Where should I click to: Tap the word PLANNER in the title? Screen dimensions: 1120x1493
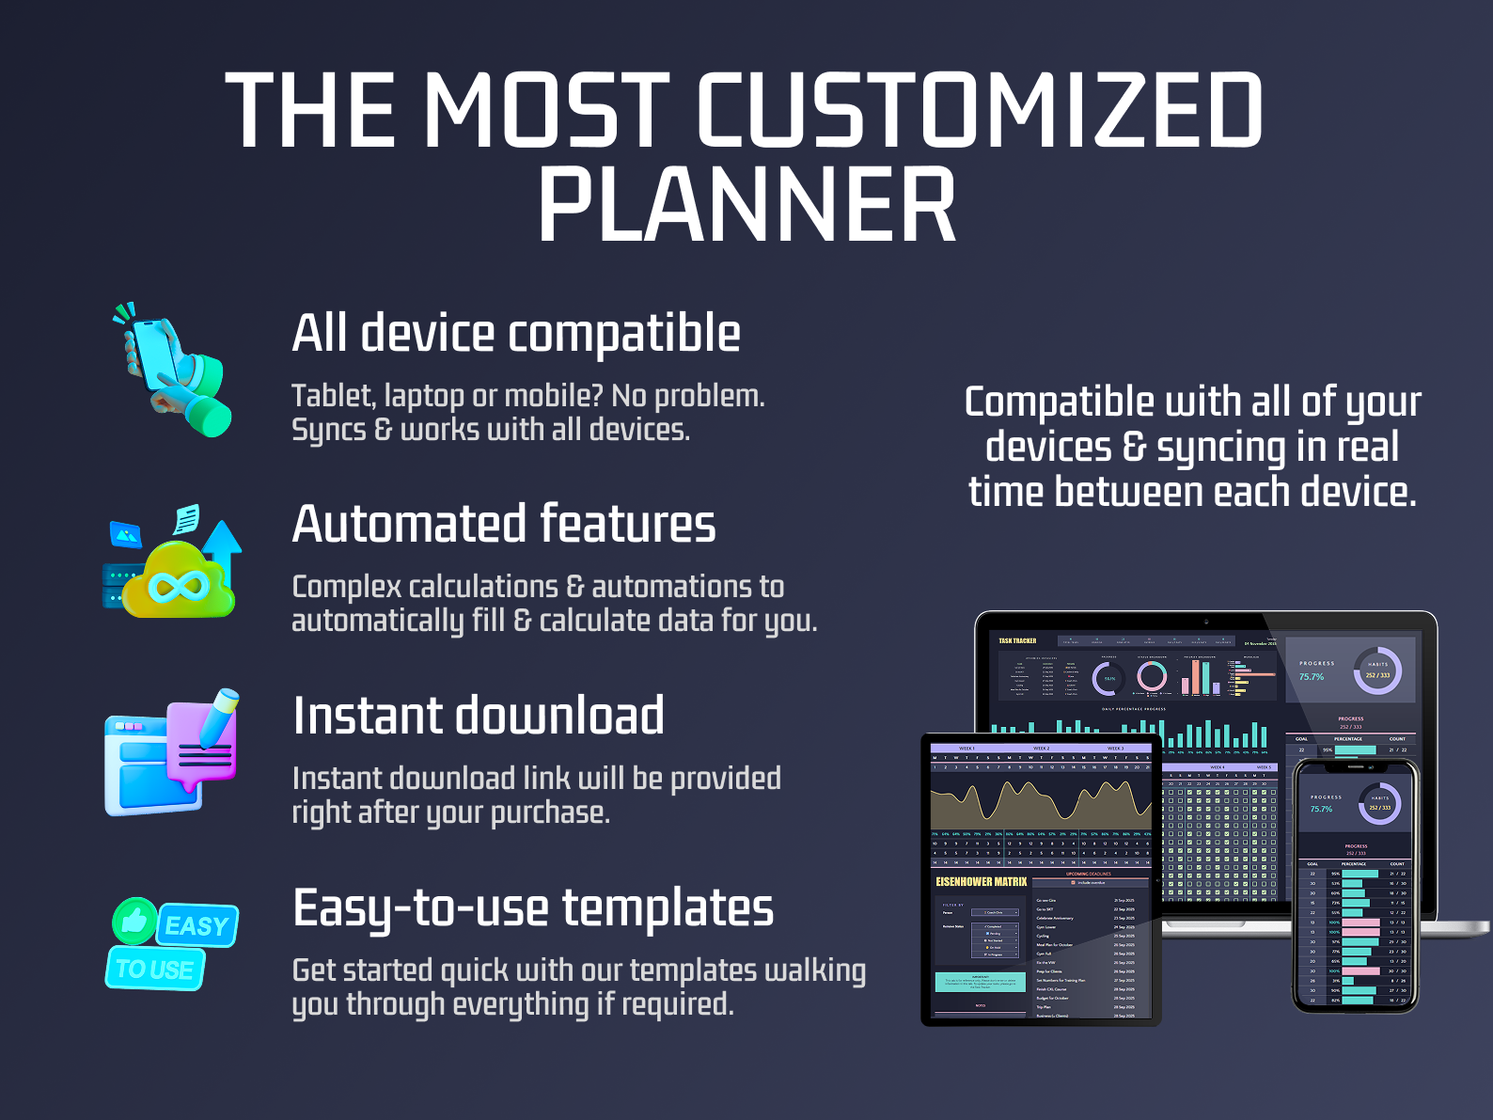click(x=746, y=206)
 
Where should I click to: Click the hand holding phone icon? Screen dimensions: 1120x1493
click(x=175, y=371)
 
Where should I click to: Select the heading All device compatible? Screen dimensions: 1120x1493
click(x=515, y=334)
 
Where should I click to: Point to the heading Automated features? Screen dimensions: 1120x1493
click(x=503, y=525)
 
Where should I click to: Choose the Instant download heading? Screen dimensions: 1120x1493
click(x=478, y=716)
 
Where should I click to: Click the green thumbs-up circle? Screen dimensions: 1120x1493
click(x=134, y=921)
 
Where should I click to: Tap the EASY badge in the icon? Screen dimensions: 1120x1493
click(x=197, y=926)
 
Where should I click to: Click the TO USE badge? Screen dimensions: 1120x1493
click(x=155, y=970)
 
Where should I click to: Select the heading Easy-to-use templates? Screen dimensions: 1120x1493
click(x=532, y=908)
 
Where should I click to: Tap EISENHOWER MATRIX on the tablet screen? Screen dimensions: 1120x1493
click(x=981, y=882)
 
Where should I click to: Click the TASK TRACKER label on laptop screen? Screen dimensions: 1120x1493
click(x=1017, y=641)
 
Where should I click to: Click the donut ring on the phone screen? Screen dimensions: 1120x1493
click(x=1379, y=805)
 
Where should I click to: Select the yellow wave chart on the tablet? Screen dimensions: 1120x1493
click(x=1040, y=804)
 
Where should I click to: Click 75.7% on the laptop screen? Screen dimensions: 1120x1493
click(x=1312, y=676)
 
